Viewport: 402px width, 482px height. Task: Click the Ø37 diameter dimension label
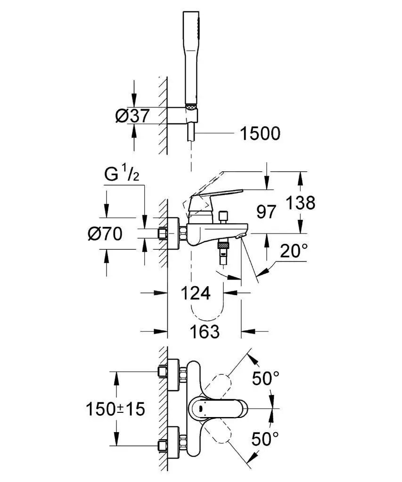tap(133, 115)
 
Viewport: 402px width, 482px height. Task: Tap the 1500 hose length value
tap(260, 134)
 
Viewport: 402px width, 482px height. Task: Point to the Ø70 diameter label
tap(105, 233)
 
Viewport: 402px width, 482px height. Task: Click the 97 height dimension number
tap(267, 212)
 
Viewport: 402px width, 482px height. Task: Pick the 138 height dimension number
tap(300, 203)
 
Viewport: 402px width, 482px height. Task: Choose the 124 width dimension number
tap(196, 293)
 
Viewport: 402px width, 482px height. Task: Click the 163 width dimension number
tap(205, 331)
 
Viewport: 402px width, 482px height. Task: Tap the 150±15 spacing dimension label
tap(115, 409)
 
